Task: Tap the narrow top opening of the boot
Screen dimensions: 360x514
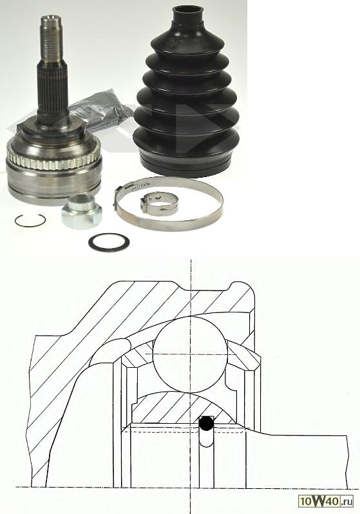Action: click(187, 13)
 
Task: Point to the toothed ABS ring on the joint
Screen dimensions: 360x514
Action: click(53, 157)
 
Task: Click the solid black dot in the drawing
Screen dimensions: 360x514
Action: click(206, 424)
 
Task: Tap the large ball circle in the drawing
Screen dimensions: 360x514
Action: click(190, 354)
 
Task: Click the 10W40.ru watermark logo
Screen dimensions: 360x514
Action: click(326, 500)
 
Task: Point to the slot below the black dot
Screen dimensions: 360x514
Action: click(206, 437)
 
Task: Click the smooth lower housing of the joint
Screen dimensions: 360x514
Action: click(53, 186)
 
